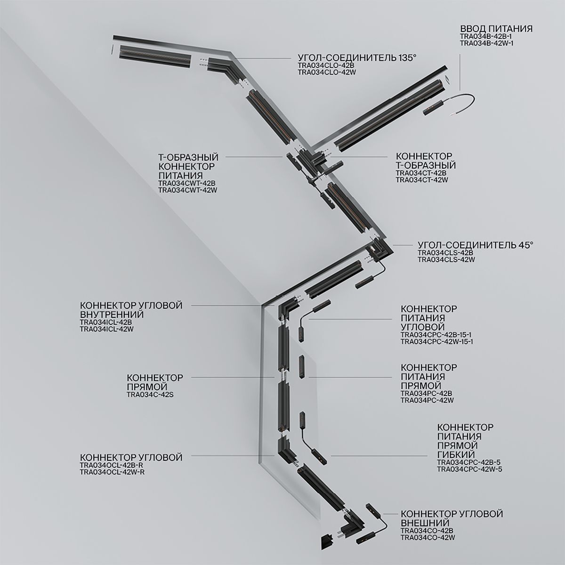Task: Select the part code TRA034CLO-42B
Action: pos(325,66)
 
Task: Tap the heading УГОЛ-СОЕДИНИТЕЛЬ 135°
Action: pos(357,58)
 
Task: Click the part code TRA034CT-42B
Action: pos(421,173)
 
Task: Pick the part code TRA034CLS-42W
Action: pos(446,259)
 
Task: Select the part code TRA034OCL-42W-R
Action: pos(112,472)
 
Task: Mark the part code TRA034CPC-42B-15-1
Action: pos(437,335)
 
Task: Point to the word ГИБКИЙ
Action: pos(457,454)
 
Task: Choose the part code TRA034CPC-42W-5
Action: pos(470,469)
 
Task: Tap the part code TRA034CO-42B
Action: pos(427,531)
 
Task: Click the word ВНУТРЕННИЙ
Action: pos(112,314)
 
